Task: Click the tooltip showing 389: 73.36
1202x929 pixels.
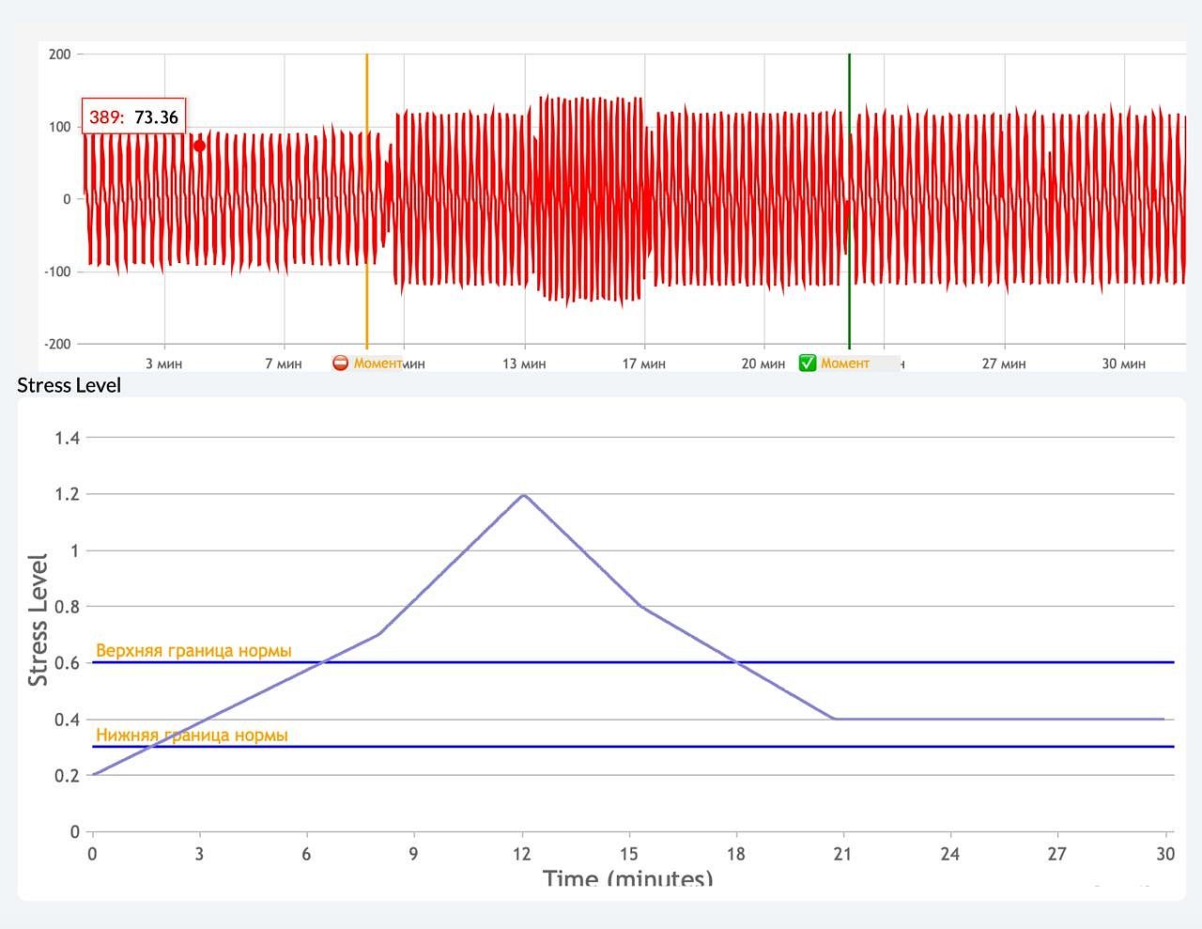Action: pyautogui.click(x=133, y=117)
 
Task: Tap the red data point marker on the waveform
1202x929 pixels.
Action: pyautogui.click(x=199, y=146)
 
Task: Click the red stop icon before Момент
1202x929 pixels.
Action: pyautogui.click(x=341, y=364)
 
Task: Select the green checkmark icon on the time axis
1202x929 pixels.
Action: pyautogui.click(x=808, y=364)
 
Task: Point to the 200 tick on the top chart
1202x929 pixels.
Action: pyautogui.click(x=60, y=54)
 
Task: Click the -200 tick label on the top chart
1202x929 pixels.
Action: pyautogui.click(x=58, y=344)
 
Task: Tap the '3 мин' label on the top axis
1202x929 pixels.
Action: pyautogui.click(x=163, y=364)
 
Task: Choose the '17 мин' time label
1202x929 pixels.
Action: pyautogui.click(x=643, y=364)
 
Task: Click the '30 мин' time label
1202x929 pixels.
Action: pyautogui.click(x=1123, y=364)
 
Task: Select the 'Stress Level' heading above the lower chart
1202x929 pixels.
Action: pyautogui.click(x=69, y=385)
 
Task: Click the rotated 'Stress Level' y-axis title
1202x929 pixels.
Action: pyautogui.click(x=38, y=620)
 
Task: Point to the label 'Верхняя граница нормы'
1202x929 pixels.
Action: pyautogui.click(x=193, y=650)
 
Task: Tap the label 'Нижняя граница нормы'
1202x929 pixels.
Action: pyautogui.click(x=192, y=735)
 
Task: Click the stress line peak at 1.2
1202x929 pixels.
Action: pyautogui.click(x=522, y=495)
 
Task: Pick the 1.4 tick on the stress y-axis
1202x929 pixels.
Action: pyautogui.click(x=67, y=438)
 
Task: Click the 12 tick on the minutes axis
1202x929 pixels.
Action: pyautogui.click(x=521, y=854)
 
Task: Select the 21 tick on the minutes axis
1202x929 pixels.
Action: pyautogui.click(x=842, y=854)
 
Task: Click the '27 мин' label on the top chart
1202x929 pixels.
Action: pyautogui.click(x=1004, y=364)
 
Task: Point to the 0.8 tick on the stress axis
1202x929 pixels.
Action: pyautogui.click(x=67, y=607)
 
